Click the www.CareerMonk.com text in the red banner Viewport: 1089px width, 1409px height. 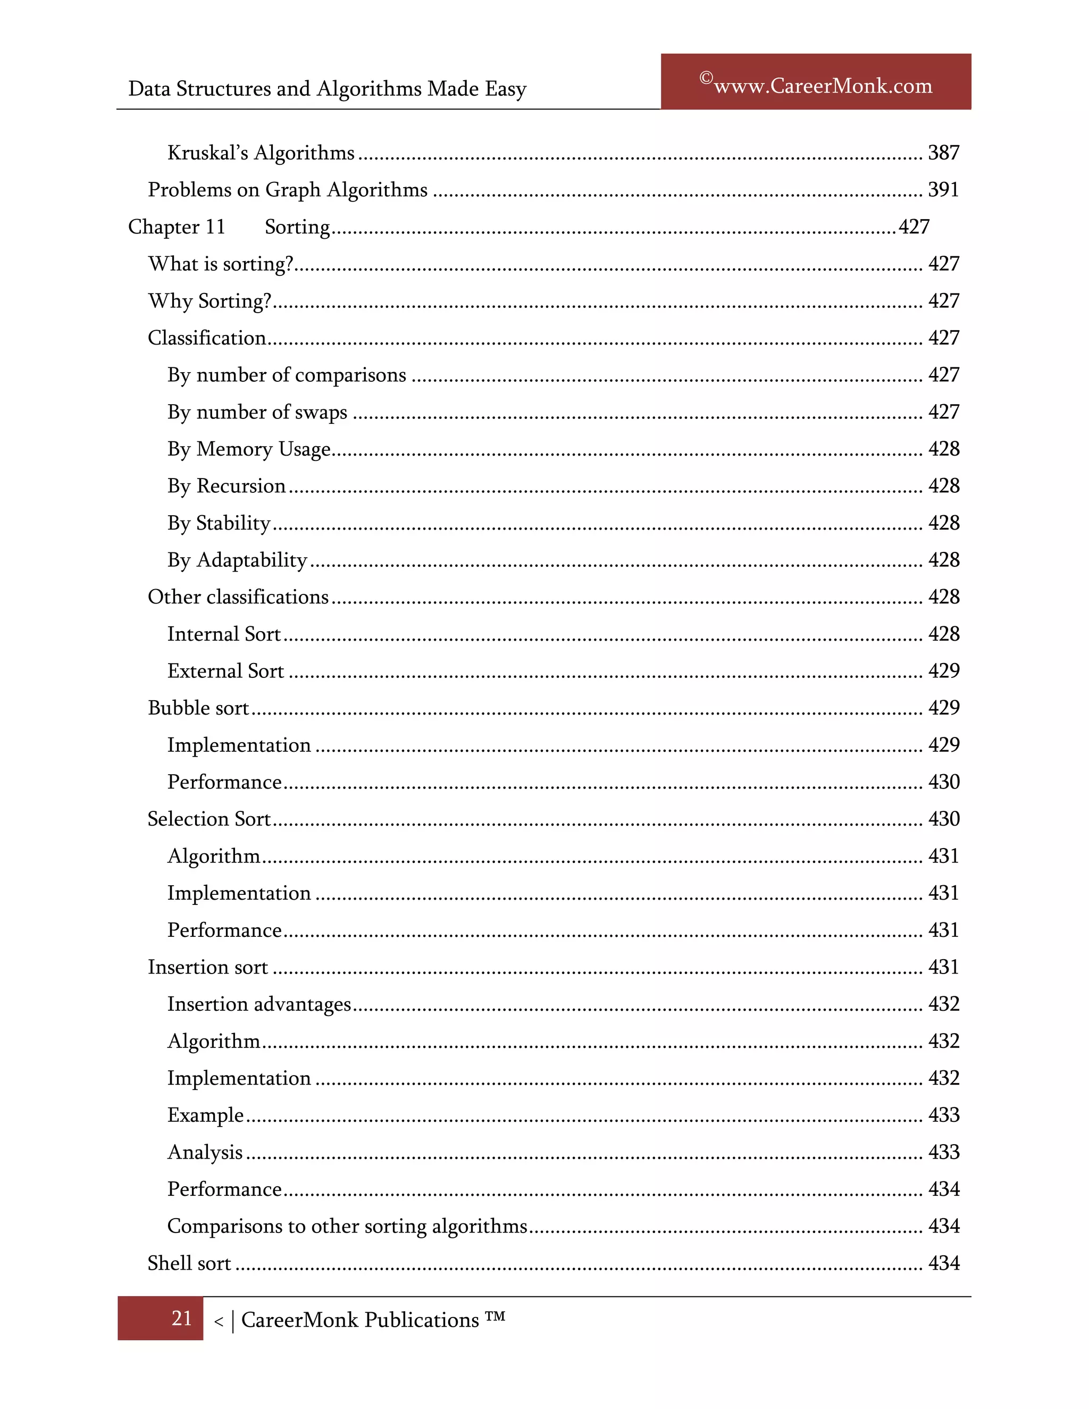tap(823, 86)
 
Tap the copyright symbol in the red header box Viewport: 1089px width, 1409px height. tap(706, 79)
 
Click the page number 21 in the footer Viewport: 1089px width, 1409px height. tap(181, 1318)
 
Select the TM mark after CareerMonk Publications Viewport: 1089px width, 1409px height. tap(495, 1316)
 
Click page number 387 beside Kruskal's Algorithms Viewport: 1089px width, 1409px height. tap(943, 153)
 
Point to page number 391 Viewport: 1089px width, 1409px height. tap(943, 190)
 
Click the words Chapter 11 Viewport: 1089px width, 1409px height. tap(177, 227)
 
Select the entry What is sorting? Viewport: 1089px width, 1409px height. tap(221, 264)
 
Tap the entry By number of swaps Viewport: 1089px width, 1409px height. tap(257, 412)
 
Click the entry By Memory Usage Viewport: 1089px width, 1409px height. tap(248, 449)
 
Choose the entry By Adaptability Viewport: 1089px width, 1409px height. tap(237, 560)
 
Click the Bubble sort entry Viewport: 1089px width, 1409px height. tap(198, 708)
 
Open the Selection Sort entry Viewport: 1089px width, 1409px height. tap(209, 819)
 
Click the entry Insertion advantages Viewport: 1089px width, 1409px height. tap(259, 1004)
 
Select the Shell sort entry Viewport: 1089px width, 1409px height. tap(189, 1263)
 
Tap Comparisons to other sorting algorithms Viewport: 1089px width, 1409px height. tap(347, 1227)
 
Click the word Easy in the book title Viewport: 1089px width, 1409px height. tap(505, 89)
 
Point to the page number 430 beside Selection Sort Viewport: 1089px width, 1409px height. tap(943, 819)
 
